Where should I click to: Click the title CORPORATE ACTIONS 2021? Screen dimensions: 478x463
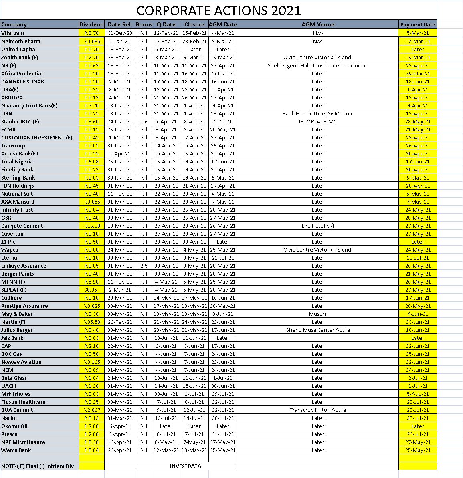pos(218,10)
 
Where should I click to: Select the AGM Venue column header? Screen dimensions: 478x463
pos(317,24)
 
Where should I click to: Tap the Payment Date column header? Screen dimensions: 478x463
pos(417,24)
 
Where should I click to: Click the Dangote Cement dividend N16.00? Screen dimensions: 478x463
pos(91,226)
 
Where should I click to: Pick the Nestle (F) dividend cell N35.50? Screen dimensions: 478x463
pos(91,322)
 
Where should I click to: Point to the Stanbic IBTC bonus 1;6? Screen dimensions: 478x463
pos(144,121)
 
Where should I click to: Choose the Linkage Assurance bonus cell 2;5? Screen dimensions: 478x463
pos(144,266)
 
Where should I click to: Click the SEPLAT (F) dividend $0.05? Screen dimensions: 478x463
pos(91,290)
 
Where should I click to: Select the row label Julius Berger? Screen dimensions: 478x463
pos(17,330)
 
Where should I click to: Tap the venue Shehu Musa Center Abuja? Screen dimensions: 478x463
pos(317,330)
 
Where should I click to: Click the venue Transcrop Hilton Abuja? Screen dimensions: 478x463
pos(317,410)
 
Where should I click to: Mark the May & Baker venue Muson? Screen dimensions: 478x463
pos(317,314)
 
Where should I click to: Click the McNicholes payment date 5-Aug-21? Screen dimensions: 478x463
pos(418,394)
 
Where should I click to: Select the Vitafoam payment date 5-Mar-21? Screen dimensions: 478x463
pos(418,33)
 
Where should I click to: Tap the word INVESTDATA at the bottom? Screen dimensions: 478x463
pos(186,466)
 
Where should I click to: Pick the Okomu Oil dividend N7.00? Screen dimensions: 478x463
pos(91,426)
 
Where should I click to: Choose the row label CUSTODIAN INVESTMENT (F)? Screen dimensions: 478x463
pos(37,137)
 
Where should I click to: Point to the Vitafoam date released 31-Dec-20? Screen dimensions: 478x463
pos(119,33)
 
